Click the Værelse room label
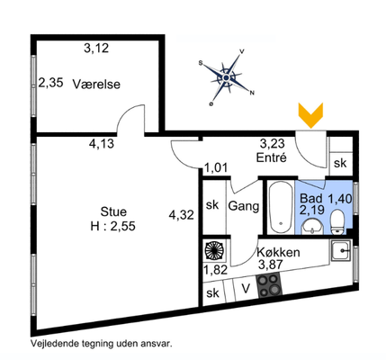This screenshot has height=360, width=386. tap(96, 85)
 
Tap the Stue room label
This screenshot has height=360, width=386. tap(113, 211)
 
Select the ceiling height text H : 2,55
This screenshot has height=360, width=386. tap(113, 226)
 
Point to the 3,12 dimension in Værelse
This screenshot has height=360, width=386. tap(96, 48)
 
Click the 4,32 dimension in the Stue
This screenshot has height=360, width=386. tap(182, 215)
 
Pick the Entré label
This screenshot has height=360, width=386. tap(272, 157)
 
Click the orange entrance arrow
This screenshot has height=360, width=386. tap(310, 115)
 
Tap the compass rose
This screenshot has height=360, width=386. tap(227, 77)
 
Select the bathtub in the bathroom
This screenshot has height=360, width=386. tap(281, 208)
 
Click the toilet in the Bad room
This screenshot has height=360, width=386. tap(337, 222)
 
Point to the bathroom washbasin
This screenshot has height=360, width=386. tap(312, 227)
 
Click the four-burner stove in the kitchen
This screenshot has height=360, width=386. tap(269, 285)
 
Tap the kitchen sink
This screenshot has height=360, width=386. tap(341, 250)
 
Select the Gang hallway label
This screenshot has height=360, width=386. tap(244, 206)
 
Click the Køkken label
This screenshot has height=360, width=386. tap(278, 252)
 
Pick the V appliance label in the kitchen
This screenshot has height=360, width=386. tap(246, 289)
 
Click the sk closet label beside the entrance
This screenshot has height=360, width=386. tap(340, 163)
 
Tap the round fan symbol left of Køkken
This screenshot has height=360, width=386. tap(214, 250)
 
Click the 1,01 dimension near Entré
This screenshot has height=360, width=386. tap(216, 167)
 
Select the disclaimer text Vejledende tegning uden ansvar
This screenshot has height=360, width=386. tap(102, 343)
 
